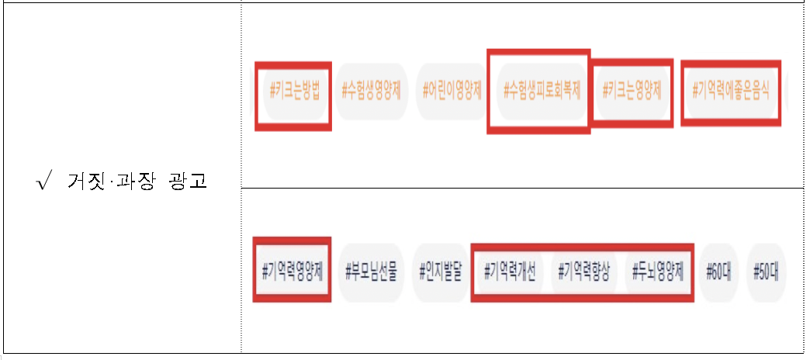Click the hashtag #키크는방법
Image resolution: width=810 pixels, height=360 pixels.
pyautogui.click(x=293, y=91)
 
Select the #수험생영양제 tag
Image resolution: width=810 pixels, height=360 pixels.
pyautogui.click(x=371, y=91)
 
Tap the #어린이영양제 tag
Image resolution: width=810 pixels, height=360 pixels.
pyautogui.click(x=452, y=91)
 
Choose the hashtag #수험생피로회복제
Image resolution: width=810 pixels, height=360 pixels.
pyautogui.click(x=541, y=91)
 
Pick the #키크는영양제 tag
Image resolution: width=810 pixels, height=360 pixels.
pyautogui.click(x=632, y=91)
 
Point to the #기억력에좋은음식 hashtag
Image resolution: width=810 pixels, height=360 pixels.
pyautogui.click(x=730, y=91)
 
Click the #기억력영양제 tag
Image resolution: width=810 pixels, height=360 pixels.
pyautogui.click(x=292, y=272)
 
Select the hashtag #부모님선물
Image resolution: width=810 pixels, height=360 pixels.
pyautogui.click(x=371, y=272)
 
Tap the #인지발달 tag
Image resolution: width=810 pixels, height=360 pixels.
pyautogui.click(x=439, y=272)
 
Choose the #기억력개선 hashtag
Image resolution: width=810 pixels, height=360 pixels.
pyautogui.click(x=510, y=272)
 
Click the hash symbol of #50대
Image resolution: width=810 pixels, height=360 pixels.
pyautogui.click(x=756, y=272)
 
